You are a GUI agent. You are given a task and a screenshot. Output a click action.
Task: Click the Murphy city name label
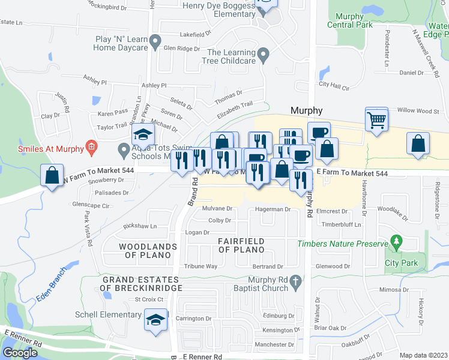point(307,110)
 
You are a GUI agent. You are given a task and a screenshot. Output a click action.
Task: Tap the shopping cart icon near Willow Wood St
point(376,119)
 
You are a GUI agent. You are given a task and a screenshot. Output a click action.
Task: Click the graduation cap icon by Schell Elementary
point(155,319)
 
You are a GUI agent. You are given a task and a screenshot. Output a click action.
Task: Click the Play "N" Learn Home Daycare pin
point(155,43)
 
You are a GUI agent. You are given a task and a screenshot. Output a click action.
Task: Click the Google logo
point(20,352)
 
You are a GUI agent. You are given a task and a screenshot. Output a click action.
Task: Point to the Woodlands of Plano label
point(148,251)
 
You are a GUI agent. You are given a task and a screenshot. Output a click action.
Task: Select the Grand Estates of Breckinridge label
point(140,284)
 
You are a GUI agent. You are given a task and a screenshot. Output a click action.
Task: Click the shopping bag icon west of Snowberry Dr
point(53,176)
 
